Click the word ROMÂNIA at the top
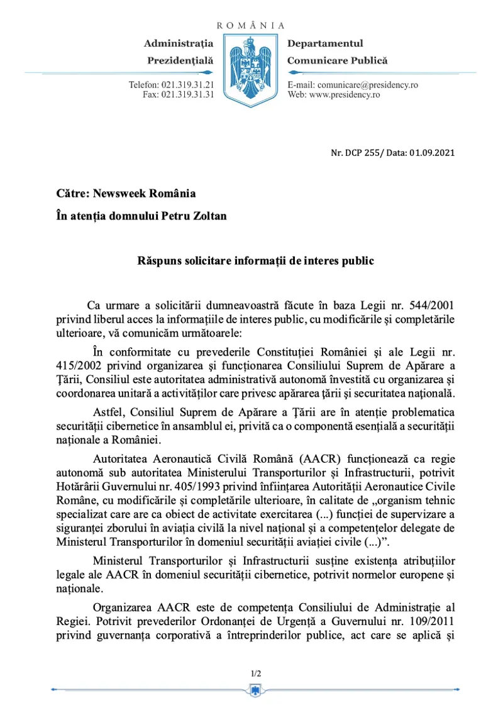coord(251,26)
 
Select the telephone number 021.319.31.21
coord(188,85)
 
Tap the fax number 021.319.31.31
coord(188,95)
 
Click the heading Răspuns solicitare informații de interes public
coord(256,260)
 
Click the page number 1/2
coord(256,673)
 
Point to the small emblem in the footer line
coord(256,692)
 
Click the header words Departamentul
coord(325,43)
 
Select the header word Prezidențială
coord(180,61)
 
